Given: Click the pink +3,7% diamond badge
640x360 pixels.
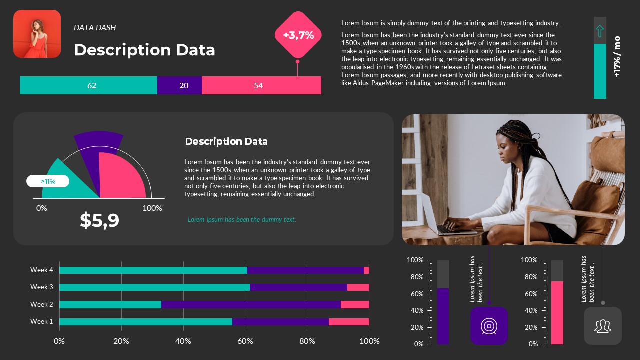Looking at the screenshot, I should pos(298,35).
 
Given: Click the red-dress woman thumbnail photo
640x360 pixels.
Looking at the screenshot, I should pos(37,34).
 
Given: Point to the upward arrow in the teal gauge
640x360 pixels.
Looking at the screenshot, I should pos(600,31).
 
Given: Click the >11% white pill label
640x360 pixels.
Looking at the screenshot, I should pos(48,181).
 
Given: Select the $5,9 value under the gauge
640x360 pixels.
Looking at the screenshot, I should pos(100,220).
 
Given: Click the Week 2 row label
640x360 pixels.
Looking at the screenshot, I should pos(41,304).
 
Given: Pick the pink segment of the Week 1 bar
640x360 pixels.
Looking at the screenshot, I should pos(349,322).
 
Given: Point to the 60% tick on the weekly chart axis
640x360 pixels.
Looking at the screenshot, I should pos(245,341).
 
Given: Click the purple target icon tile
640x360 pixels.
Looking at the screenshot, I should pos(489,326).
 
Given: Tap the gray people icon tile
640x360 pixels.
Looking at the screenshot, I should pos(603,326).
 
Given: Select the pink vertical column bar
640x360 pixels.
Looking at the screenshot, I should pos(557,313).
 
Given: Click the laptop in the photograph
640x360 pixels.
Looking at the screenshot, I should pos(440,220).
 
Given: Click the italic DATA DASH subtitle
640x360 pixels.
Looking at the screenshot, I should pos(95,28).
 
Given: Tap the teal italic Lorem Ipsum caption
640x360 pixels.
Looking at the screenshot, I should pos(242,219).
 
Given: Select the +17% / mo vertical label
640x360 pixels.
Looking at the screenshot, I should pos(617,56).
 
